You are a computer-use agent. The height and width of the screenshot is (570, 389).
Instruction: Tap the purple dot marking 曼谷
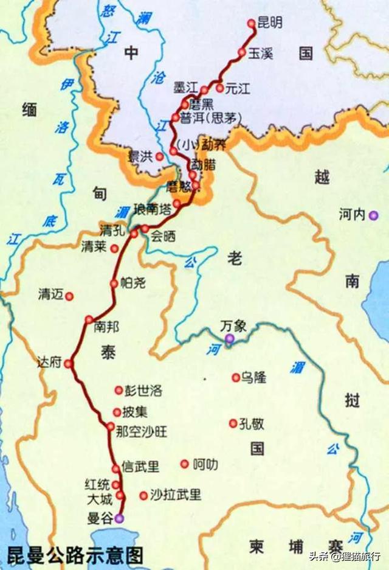pyautogui.click(x=119, y=518)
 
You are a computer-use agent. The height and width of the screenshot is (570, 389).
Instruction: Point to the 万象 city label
pyautogui.click(x=233, y=325)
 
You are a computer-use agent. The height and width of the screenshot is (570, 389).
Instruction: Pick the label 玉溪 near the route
pyautogui.click(x=260, y=53)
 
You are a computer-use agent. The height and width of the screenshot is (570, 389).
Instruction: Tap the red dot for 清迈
pyautogui.click(x=69, y=296)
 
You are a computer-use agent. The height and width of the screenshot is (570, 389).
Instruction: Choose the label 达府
pyautogui.click(x=50, y=363)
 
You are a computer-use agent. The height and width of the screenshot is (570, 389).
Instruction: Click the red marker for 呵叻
pyautogui.click(x=184, y=464)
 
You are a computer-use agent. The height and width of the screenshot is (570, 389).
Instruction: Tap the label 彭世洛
pyautogui.click(x=144, y=390)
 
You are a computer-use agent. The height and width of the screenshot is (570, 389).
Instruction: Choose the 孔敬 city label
pyautogui.click(x=252, y=423)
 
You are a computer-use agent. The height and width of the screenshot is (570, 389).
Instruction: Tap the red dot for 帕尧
pyautogui.click(x=114, y=283)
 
